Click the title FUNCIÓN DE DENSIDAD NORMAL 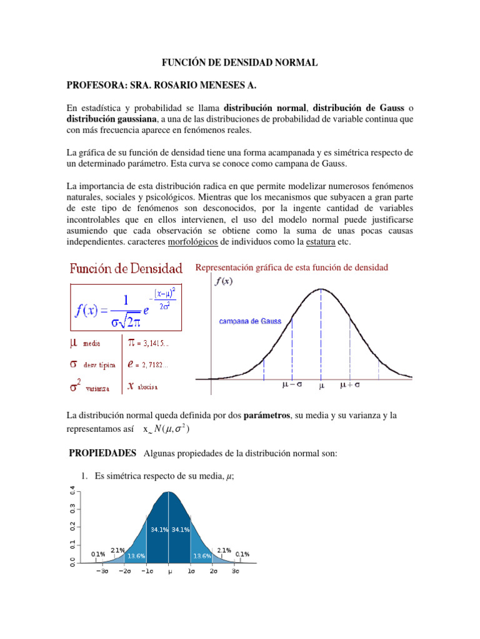[240, 62]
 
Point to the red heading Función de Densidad [126, 268]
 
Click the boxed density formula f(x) [125, 308]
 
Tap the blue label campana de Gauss [249, 321]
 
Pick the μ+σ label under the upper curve [353, 386]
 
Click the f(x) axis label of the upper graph [224, 281]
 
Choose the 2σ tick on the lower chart [213, 570]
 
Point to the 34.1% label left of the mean [157, 529]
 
